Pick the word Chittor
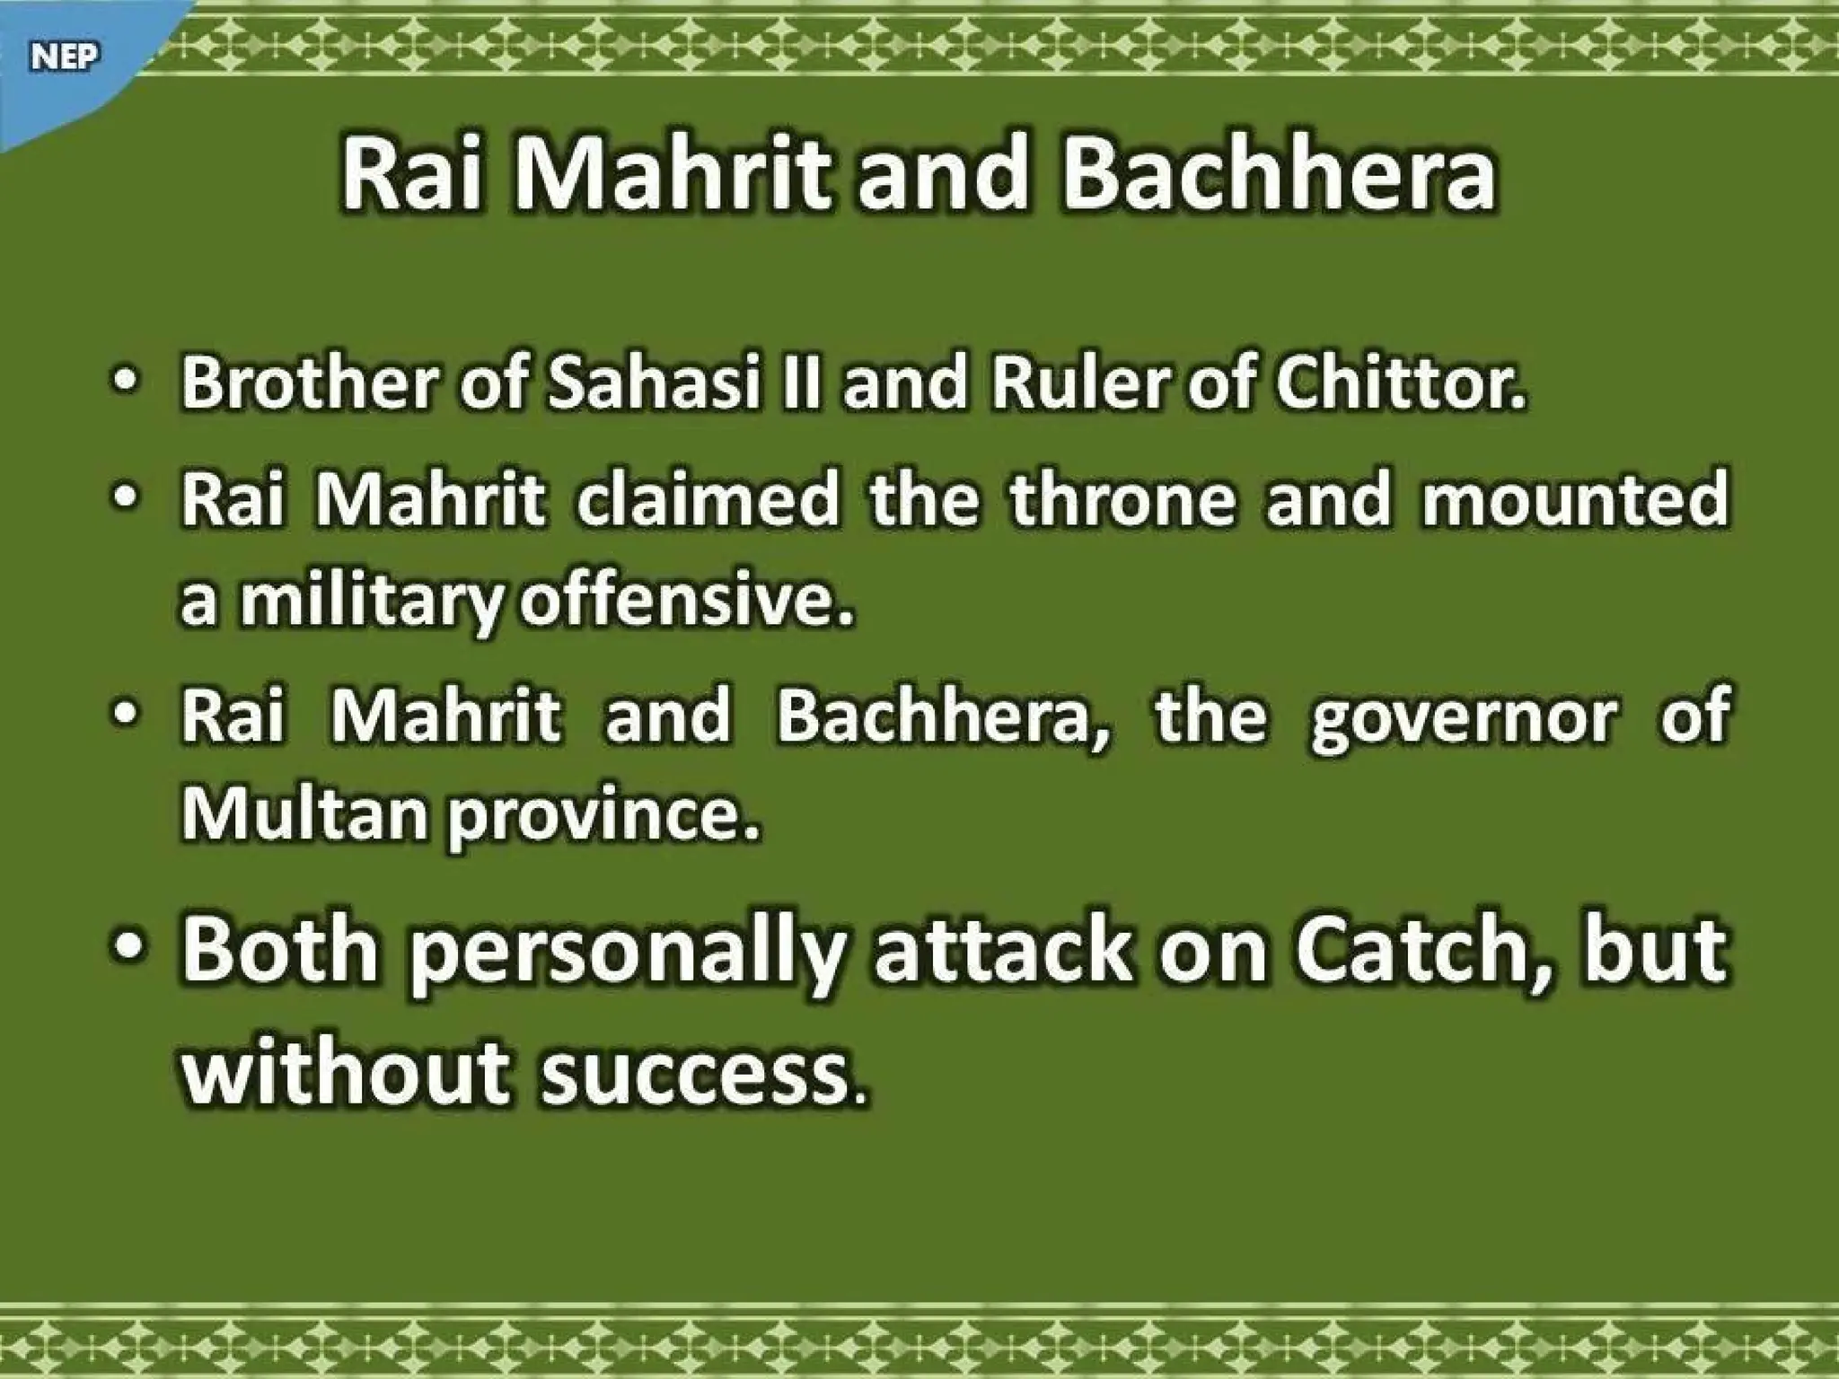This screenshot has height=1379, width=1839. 1400,383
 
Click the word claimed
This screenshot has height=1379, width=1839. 707,499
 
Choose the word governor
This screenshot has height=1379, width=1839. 1463,716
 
